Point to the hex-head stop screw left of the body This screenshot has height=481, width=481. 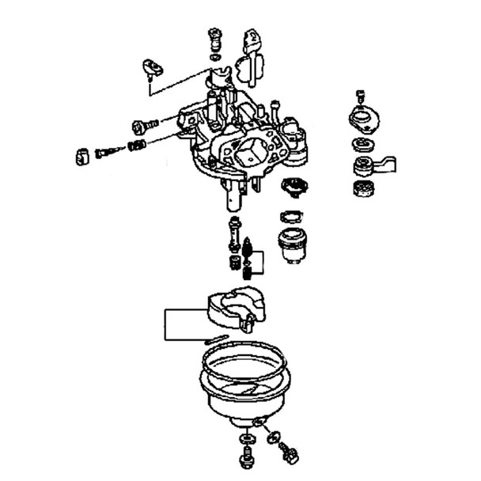(x=143, y=124)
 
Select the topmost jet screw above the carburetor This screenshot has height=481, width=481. (x=214, y=36)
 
